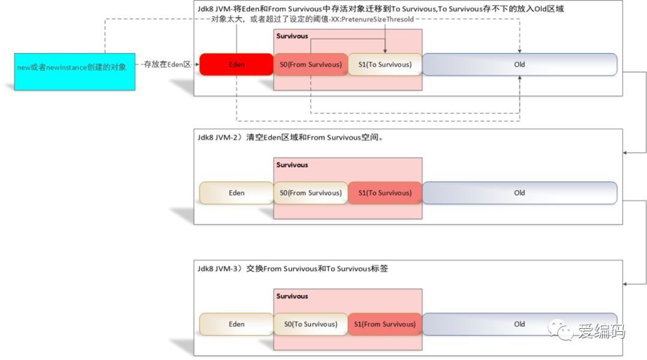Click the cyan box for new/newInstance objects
click(x=75, y=72)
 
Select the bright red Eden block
click(x=237, y=64)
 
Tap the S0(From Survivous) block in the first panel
click(x=311, y=64)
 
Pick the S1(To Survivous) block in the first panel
click(x=385, y=64)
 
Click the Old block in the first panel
click(x=519, y=64)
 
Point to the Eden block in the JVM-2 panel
click(x=237, y=193)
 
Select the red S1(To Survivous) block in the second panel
click(x=385, y=193)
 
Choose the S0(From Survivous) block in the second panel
click(x=311, y=193)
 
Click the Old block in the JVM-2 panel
click(x=519, y=193)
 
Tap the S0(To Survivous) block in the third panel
click(x=311, y=324)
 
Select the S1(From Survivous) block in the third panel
click(x=385, y=324)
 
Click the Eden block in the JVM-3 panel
click(x=237, y=324)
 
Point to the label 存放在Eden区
click(x=167, y=64)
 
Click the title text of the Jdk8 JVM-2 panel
click(x=290, y=137)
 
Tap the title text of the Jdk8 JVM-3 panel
click(x=292, y=268)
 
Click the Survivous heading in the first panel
click(x=292, y=36)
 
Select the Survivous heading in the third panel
click(x=292, y=296)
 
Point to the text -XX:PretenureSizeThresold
click(x=371, y=19)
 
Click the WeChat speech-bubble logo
click(x=560, y=330)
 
